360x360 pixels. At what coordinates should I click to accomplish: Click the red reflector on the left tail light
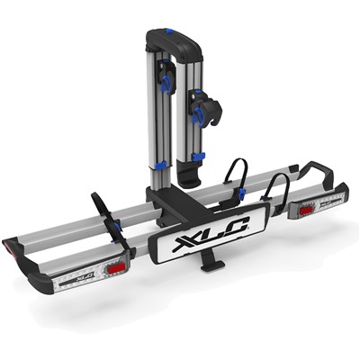(x=114, y=269)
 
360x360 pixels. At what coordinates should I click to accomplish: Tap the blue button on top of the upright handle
(x=169, y=31)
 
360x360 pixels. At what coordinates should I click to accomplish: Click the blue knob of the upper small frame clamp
(x=165, y=82)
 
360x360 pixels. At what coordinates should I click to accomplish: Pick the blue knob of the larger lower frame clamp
(x=199, y=116)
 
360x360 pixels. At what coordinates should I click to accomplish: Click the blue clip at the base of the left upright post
(x=161, y=165)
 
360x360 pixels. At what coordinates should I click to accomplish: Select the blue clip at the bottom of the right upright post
(x=198, y=157)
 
